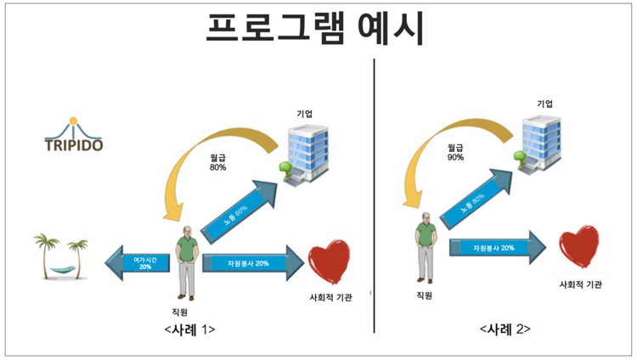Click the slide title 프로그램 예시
coord(316,29)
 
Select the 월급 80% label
coord(218,162)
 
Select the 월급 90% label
coord(456,151)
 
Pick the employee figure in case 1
coord(187,262)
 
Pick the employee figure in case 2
coord(426,246)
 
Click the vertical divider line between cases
coord(375,195)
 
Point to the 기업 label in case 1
coord(304,113)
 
